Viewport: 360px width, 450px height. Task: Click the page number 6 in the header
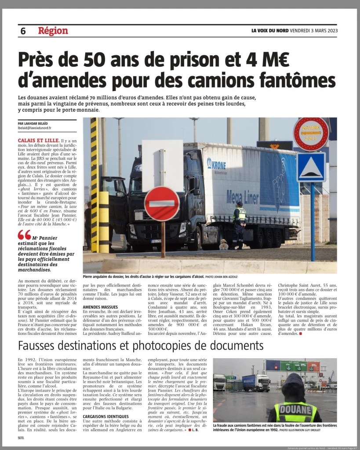point(23,31)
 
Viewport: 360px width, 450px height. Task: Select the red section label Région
point(53,31)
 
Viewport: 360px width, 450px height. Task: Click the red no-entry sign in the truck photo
point(162,203)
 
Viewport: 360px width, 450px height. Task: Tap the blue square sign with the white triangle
point(311,167)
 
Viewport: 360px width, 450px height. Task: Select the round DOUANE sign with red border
point(311,134)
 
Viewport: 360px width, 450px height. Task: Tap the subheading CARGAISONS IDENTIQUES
point(106,416)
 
